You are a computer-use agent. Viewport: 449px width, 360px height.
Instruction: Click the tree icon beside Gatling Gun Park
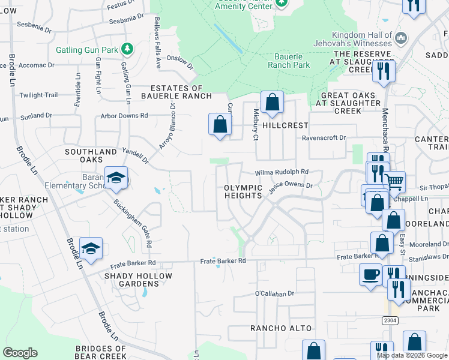click(127, 49)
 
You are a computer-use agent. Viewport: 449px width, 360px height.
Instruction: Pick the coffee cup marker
click(370, 274)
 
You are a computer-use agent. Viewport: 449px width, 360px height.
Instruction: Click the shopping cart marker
click(394, 181)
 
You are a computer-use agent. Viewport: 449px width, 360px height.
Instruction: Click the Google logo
click(20, 353)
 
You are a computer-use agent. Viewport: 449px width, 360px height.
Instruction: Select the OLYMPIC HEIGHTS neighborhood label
click(243, 191)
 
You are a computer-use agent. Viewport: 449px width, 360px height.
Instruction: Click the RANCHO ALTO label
click(281, 328)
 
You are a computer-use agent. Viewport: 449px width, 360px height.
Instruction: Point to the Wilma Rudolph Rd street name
click(282, 172)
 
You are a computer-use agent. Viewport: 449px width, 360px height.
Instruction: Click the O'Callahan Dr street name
click(274, 293)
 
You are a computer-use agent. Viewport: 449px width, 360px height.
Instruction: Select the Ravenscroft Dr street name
click(324, 137)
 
